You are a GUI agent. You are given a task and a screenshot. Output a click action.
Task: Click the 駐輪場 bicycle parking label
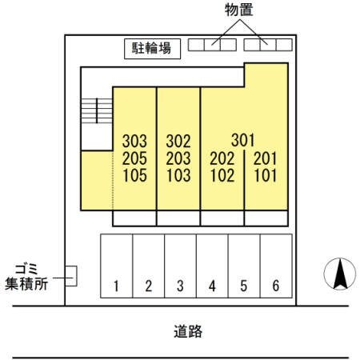tap(151, 49)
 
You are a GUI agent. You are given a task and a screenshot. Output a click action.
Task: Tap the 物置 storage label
tap(238, 10)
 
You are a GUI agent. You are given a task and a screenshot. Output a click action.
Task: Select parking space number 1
tap(116, 266)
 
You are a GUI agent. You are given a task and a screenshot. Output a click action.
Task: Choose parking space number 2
tap(149, 266)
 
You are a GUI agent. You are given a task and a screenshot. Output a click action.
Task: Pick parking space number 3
tap(181, 266)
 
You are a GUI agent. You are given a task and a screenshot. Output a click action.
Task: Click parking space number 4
tap(212, 266)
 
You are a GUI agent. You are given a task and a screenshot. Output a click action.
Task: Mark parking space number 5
tap(244, 266)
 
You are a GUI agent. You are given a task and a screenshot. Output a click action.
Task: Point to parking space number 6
tap(276, 266)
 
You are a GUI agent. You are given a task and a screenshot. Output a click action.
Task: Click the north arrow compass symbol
tap(340, 274)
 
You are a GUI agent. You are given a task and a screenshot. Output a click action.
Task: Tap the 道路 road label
tap(188, 331)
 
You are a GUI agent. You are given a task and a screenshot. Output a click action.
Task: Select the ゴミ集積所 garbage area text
tap(26, 277)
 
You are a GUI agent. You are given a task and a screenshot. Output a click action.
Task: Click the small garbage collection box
tap(71, 276)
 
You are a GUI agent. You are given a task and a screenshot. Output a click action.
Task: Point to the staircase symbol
tap(97, 110)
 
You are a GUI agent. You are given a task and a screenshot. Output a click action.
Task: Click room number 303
tap(134, 141)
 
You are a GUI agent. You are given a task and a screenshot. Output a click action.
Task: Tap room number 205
tap(134, 158)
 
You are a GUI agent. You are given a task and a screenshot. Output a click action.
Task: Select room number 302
tap(178, 141)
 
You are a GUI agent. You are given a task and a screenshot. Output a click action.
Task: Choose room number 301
tap(243, 140)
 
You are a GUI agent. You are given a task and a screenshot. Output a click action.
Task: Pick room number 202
tap(222, 158)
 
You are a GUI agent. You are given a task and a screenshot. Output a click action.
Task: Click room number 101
tap(266, 175)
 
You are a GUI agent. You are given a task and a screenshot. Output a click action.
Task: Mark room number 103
tap(178, 175)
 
